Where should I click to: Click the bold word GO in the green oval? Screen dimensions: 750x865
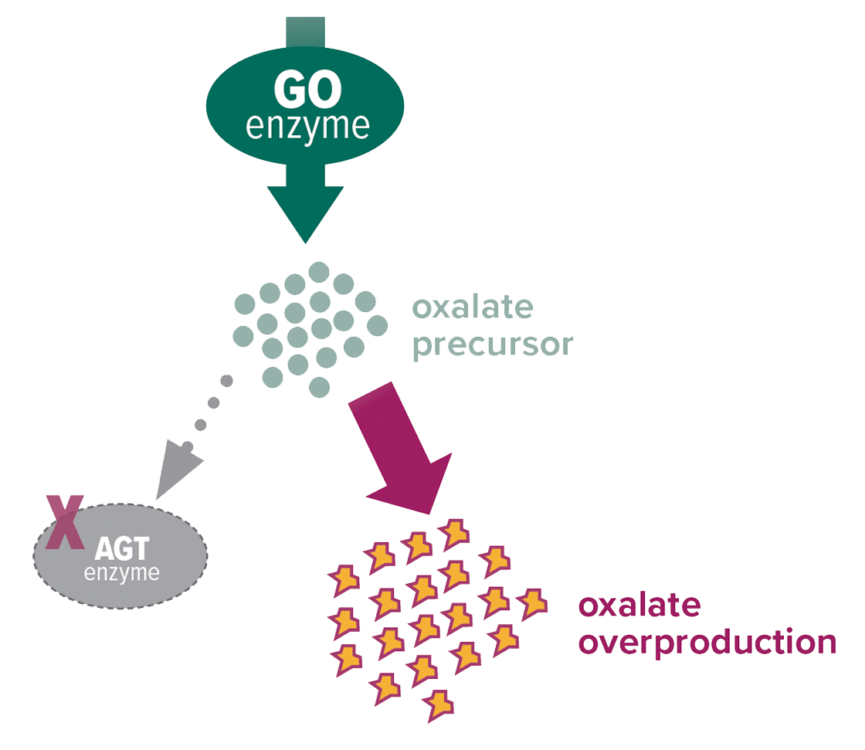pyautogui.click(x=307, y=91)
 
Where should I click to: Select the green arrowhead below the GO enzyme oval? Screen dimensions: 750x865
pyautogui.click(x=307, y=212)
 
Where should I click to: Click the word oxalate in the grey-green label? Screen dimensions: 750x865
pyautogui.click(x=473, y=308)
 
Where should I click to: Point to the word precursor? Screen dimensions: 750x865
pyautogui.click(x=493, y=344)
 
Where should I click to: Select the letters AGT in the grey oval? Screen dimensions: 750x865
pyautogui.click(x=122, y=550)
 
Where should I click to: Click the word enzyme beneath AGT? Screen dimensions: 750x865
pyautogui.click(x=122, y=573)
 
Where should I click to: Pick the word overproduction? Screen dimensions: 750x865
pyautogui.click(x=707, y=642)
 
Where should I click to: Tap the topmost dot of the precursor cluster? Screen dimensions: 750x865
pyautogui.click(x=319, y=272)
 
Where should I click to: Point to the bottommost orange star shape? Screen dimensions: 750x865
pyautogui.click(x=438, y=703)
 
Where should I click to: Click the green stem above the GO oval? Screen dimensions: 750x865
pyautogui.click(x=306, y=31)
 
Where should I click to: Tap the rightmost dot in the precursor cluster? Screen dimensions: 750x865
pyautogui.click(x=378, y=324)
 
